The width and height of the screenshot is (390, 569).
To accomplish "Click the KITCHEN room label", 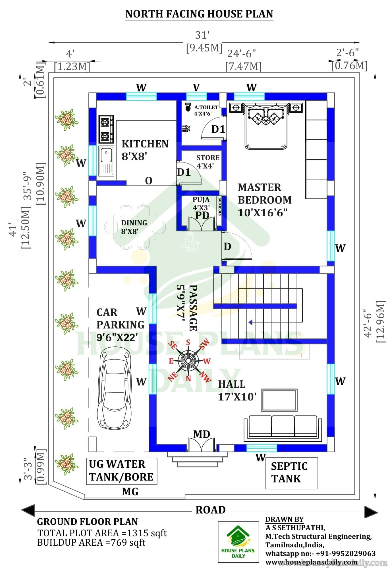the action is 145,144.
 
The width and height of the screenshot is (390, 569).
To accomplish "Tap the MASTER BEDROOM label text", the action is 265,194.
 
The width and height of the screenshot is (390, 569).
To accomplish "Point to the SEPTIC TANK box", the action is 292,473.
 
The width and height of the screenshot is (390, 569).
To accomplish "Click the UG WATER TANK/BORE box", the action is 122,471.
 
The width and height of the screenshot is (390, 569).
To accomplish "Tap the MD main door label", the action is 202,434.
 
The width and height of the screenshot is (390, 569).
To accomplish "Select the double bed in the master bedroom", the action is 266,125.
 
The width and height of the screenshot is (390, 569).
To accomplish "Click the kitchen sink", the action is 106,161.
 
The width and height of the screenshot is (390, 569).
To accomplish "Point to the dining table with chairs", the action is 134,227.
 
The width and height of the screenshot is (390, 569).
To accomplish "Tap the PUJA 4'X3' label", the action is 201,204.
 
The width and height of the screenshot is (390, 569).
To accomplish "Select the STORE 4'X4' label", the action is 208,162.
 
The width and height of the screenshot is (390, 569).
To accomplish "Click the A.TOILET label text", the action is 206,108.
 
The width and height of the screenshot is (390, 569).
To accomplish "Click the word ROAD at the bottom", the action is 211,510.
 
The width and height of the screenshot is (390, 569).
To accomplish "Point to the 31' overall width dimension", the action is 202,35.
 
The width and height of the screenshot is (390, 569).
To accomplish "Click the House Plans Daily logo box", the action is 238,542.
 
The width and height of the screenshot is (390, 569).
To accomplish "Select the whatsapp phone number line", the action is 321,553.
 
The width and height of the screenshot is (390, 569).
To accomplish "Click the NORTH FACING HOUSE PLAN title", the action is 199,14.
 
